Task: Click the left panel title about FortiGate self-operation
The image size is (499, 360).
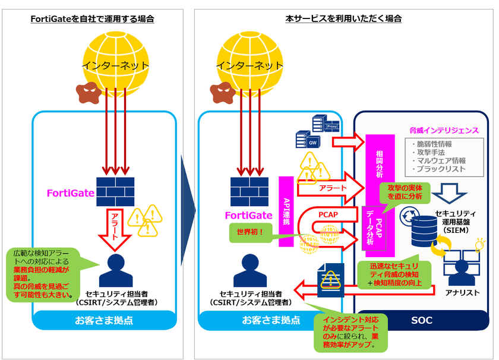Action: (92, 19)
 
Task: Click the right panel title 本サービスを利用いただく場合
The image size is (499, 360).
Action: (343, 19)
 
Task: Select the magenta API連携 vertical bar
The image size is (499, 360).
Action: (286, 211)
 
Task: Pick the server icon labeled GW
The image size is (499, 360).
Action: (307, 141)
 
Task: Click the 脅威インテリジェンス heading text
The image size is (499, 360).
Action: (444, 130)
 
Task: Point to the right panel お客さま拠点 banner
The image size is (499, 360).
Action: (271, 320)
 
